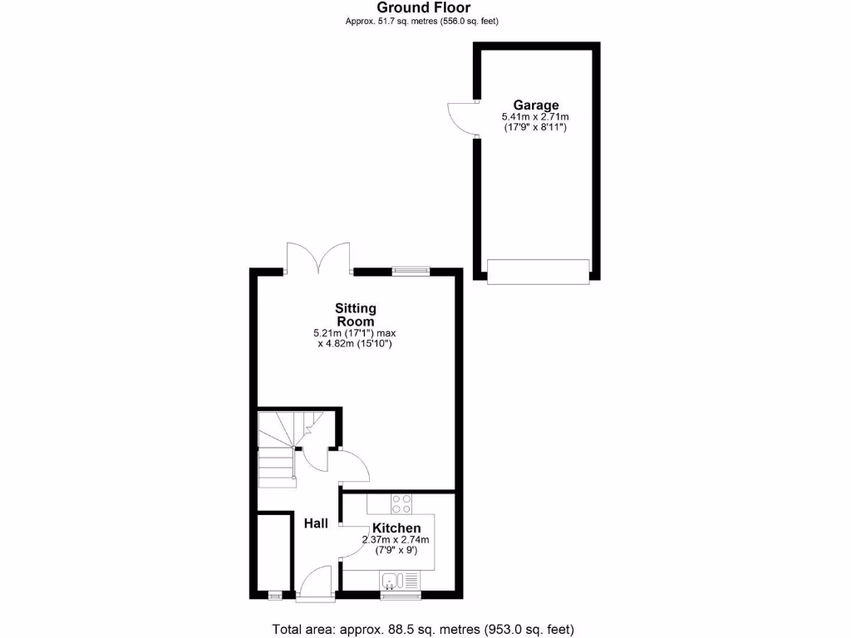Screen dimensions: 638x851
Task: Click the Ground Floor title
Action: (424, 7)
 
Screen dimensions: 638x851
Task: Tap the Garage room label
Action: (535, 106)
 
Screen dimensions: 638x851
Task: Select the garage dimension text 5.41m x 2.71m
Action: (535, 117)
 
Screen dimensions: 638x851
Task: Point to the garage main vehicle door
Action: (538, 271)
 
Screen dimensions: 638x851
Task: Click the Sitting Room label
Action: (355, 315)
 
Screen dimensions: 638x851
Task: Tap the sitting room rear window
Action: (411, 269)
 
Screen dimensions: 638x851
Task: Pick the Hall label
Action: (315, 523)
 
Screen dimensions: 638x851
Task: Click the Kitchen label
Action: (396, 528)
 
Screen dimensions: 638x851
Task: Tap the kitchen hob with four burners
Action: (401, 503)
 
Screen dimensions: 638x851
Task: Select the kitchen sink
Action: (391, 581)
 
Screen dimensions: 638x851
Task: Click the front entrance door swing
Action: (317, 582)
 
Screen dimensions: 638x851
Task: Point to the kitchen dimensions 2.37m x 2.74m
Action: (396, 540)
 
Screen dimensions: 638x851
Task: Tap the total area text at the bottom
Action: (423, 629)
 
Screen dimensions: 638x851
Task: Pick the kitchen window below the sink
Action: (401, 596)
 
